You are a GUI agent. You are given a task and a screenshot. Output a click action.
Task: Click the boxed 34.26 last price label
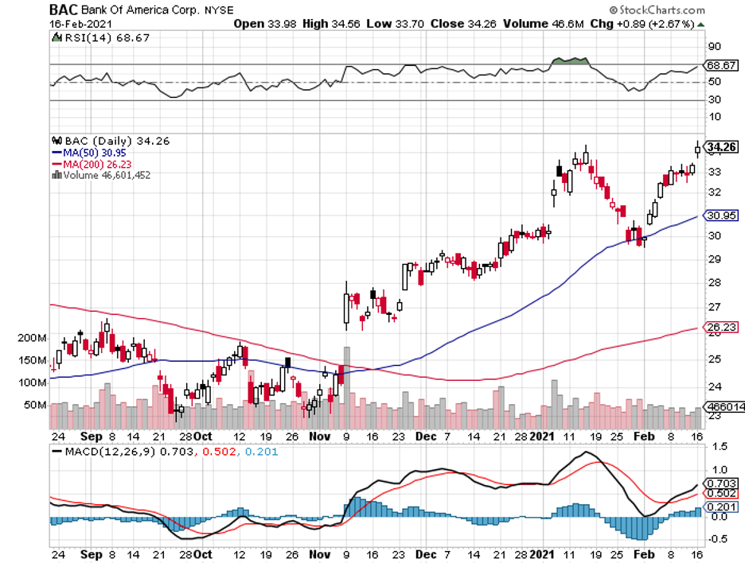tap(720, 146)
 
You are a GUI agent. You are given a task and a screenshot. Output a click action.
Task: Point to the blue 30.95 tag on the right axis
tap(720, 215)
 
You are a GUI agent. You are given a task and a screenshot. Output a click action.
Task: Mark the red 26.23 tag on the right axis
tap(720, 325)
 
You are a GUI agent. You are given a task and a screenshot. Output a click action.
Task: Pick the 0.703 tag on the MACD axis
tap(720, 483)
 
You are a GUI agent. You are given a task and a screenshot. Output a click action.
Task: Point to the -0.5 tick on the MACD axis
tap(717, 538)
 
